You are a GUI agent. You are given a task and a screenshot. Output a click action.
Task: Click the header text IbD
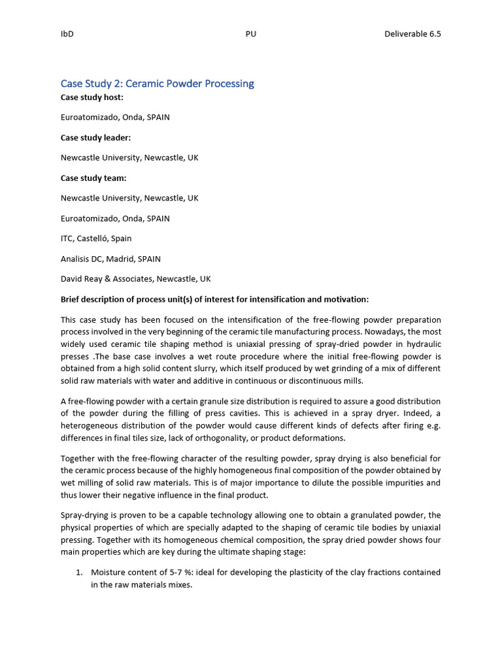(x=67, y=34)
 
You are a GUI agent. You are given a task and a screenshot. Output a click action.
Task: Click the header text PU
(x=250, y=34)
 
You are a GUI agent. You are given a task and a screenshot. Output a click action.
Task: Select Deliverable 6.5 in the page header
(x=412, y=34)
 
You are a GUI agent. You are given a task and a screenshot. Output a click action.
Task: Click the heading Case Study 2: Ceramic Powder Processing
(x=157, y=84)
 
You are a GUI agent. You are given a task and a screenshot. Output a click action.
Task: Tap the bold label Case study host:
(x=92, y=97)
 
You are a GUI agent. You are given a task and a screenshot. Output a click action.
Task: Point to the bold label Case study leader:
(x=95, y=137)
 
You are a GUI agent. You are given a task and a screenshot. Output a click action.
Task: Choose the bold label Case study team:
(x=93, y=178)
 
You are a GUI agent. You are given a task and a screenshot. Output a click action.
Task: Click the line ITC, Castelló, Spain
(x=96, y=238)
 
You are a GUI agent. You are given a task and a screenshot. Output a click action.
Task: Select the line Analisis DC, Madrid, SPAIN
(x=110, y=259)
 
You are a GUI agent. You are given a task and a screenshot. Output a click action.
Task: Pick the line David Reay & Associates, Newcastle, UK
(x=135, y=279)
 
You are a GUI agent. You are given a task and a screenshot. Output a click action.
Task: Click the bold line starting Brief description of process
(x=214, y=299)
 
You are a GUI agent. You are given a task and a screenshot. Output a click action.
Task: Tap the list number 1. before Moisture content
(x=79, y=572)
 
